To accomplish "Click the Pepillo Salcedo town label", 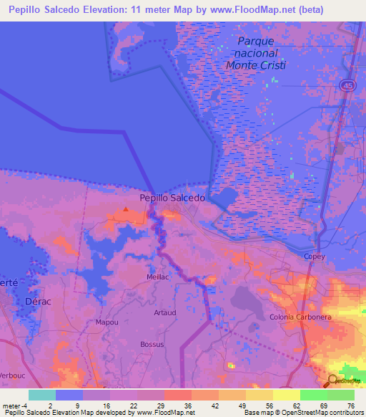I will (x=172, y=198).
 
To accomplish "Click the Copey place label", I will (x=315, y=256).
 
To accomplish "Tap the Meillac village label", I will (x=157, y=277).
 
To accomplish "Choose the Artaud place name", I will (x=164, y=312).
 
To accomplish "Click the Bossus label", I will (x=152, y=345).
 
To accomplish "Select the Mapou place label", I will (x=107, y=322).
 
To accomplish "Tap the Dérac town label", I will (x=39, y=302).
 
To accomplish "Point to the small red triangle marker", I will (x=126, y=210).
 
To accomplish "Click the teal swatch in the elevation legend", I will (x=42, y=395).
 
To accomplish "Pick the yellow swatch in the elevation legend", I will (x=287, y=395).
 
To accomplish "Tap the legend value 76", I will (x=350, y=406).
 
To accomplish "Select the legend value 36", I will (x=187, y=406).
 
